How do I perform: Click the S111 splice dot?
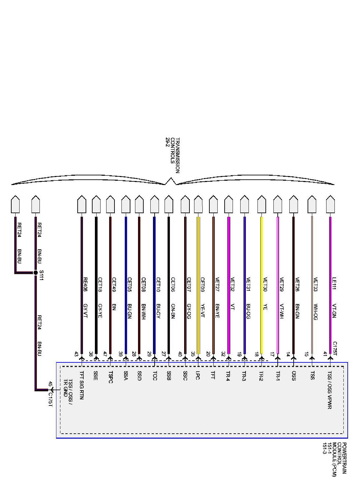(x=36, y=273)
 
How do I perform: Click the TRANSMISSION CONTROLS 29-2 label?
(x=172, y=155)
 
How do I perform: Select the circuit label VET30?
(x=265, y=284)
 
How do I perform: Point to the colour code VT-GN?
(x=334, y=311)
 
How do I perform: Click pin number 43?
(x=77, y=354)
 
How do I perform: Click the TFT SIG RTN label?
(x=82, y=385)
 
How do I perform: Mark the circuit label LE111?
(x=334, y=284)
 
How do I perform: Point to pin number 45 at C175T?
(x=50, y=384)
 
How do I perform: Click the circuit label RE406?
(x=85, y=284)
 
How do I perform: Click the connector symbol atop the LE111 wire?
(x=329, y=204)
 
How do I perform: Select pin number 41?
(x=325, y=354)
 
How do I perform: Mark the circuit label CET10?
(x=158, y=284)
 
